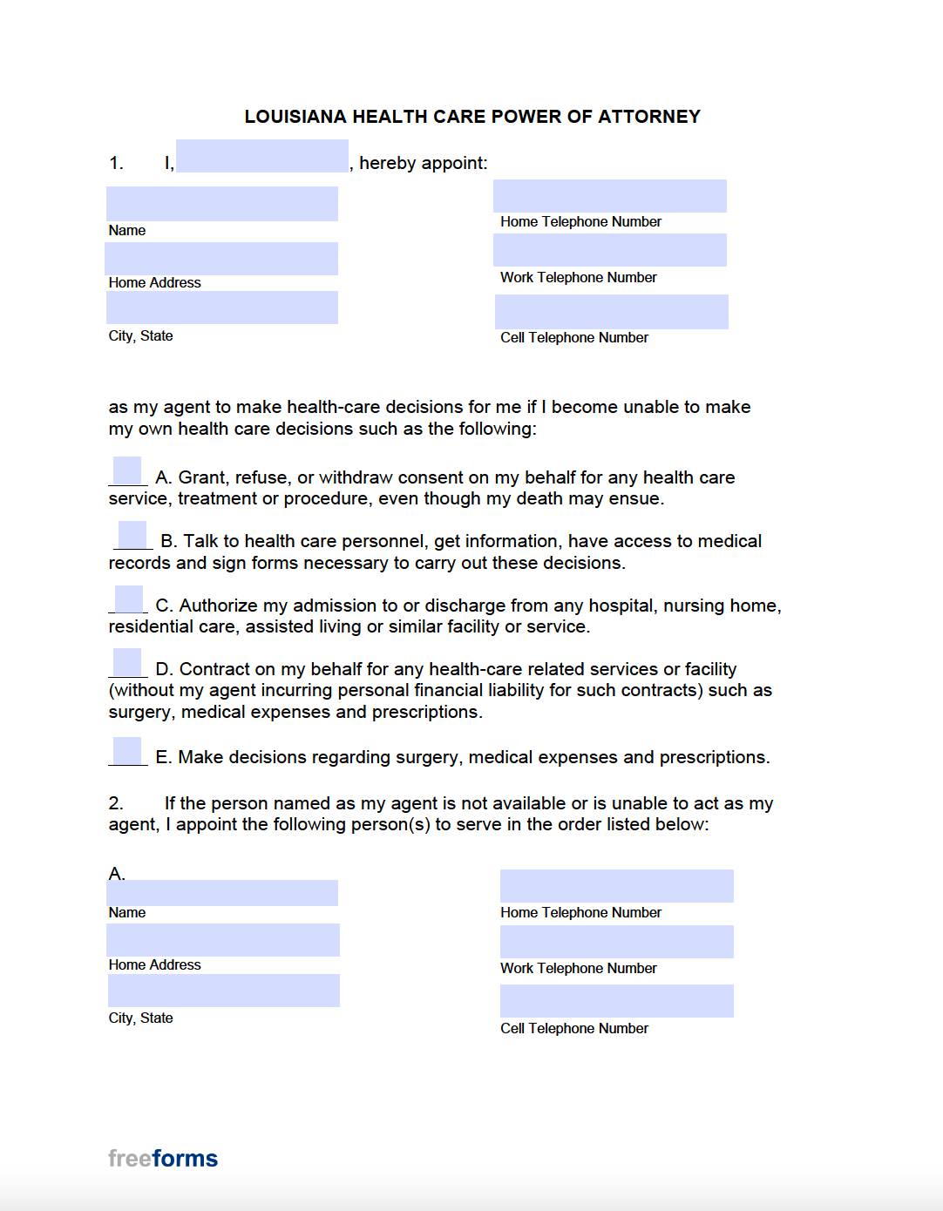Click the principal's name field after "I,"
(261, 156)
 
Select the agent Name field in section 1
(221, 204)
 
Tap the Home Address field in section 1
(221, 259)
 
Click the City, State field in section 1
(221, 308)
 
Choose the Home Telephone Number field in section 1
(609, 196)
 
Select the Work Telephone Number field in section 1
(609, 250)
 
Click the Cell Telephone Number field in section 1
(611, 312)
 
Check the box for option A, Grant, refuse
(127, 470)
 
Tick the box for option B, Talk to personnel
(132, 535)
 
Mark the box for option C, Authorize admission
(129, 599)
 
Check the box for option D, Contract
(127, 663)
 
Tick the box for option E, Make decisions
(127, 751)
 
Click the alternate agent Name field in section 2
(221, 893)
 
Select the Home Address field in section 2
(222, 940)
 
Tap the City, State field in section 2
(223, 991)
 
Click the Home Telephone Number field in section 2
(616, 886)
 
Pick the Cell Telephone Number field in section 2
(616, 1001)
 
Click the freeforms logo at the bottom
(163, 1159)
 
